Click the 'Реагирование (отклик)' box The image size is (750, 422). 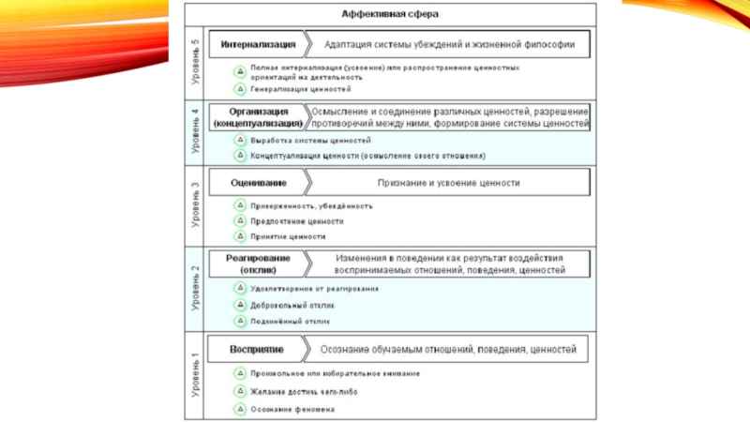[x=258, y=264]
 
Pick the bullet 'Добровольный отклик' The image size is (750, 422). [x=292, y=305]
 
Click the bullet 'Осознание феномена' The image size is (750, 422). [x=292, y=410]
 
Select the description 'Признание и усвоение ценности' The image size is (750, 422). [x=448, y=183]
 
